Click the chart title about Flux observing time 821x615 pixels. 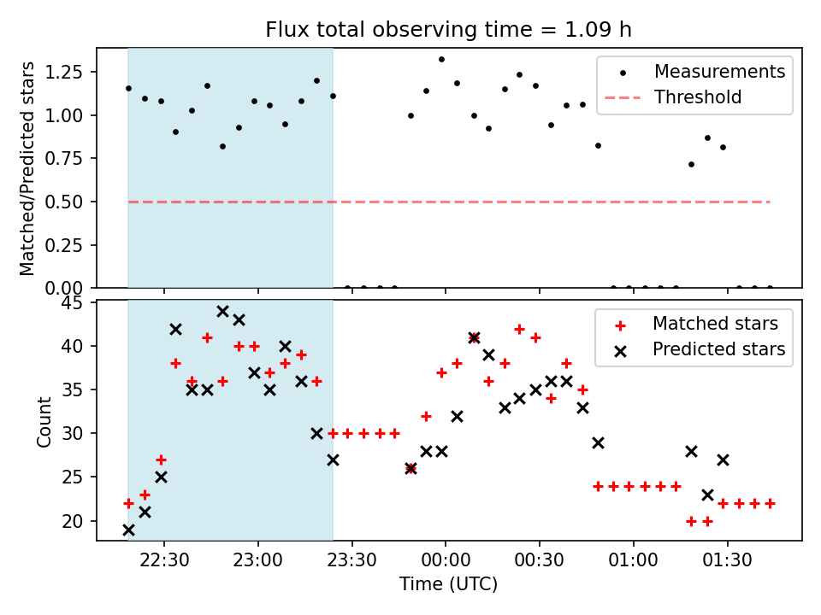(x=448, y=30)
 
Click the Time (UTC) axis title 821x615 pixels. (x=448, y=585)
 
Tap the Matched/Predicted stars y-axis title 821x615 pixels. (x=28, y=168)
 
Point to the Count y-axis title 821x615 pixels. (x=44, y=420)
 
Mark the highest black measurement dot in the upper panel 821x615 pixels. (x=441, y=60)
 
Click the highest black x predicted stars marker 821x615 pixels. (x=222, y=311)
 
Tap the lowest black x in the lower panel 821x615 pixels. (x=128, y=530)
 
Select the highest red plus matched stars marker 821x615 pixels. (x=519, y=329)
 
